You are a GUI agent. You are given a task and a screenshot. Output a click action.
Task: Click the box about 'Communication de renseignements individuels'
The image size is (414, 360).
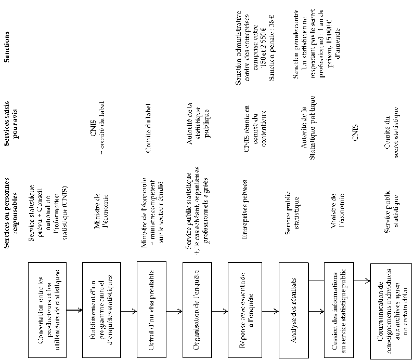390,310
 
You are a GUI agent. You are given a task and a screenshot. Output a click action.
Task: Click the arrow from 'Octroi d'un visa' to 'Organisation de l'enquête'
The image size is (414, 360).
175,311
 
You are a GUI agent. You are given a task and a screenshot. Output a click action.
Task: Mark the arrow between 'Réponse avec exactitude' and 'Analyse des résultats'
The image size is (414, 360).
269,311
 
